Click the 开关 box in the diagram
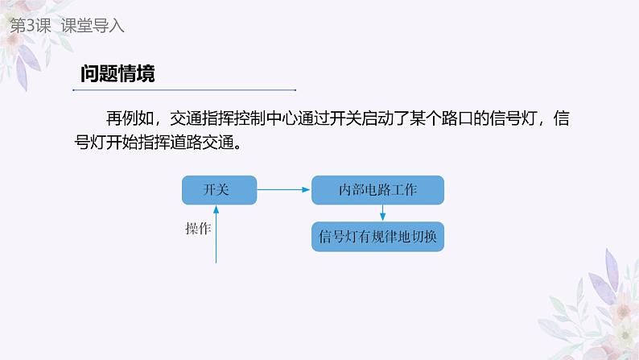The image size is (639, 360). pos(217,190)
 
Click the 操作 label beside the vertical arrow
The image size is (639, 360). pos(198,230)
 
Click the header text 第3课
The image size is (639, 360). pos(29,26)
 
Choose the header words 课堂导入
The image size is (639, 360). pos(94,26)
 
